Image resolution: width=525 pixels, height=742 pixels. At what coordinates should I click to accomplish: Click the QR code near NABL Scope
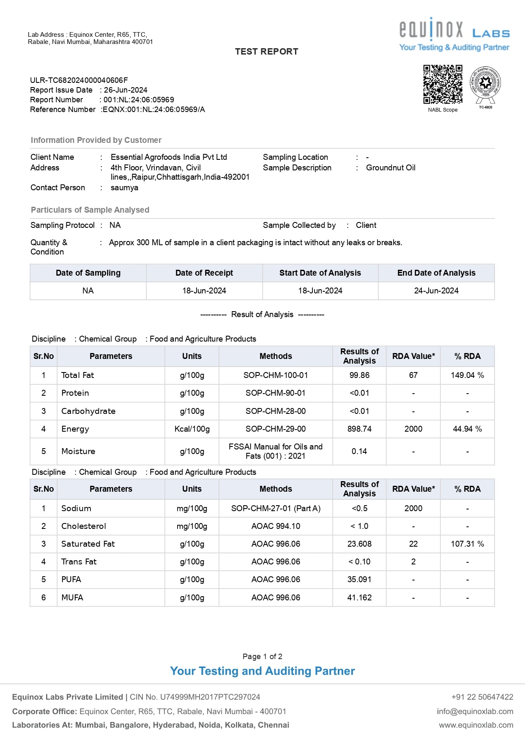[x=443, y=84]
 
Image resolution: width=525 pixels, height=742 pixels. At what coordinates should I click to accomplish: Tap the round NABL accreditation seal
[x=485, y=84]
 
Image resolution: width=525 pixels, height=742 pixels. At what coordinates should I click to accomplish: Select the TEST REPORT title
[x=266, y=52]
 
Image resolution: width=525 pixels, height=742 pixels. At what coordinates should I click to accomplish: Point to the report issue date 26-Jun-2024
[x=126, y=90]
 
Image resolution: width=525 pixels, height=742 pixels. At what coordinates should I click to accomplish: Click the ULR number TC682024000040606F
[x=79, y=80]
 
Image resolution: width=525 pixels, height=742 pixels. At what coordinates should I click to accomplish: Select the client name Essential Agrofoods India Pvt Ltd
[x=169, y=157]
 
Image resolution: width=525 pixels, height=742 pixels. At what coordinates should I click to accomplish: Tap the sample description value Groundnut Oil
[x=391, y=168]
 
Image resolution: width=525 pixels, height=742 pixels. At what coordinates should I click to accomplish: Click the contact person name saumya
[x=124, y=188]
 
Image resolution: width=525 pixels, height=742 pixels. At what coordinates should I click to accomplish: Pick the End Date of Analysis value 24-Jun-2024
[x=436, y=291]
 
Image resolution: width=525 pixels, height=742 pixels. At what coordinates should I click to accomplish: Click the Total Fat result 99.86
[x=359, y=375]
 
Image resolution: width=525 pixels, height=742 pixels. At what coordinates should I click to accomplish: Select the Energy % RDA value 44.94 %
[x=467, y=429]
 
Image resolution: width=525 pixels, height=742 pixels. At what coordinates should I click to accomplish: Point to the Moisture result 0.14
[x=359, y=452]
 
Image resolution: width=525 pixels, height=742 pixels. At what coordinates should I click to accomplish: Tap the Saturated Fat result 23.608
[x=359, y=544]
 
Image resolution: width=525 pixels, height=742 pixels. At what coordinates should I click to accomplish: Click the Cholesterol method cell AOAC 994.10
[x=276, y=526]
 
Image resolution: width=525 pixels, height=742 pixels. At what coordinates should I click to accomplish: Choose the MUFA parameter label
[x=72, y=598]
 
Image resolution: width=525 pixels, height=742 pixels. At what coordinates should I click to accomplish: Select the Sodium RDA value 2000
[x=413, y=509]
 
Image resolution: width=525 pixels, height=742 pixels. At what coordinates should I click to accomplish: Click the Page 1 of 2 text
[x=262, y=657]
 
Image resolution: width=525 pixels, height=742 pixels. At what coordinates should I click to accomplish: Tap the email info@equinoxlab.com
[x=475, y=712]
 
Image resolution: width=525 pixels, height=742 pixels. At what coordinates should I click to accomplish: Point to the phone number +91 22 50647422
[x=482, y=697]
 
